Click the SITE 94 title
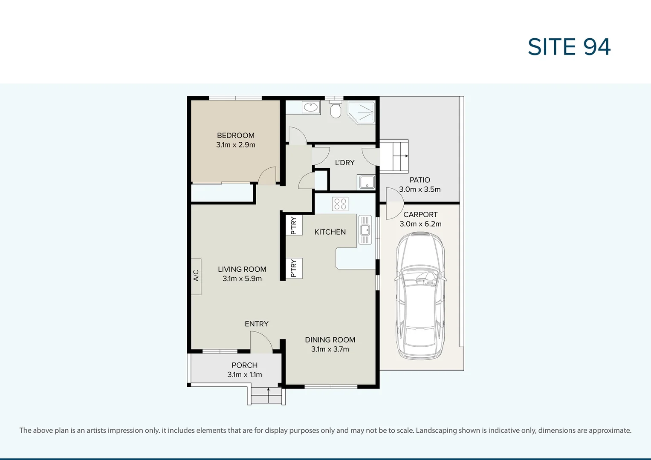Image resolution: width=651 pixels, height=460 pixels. pyautogui.click(x=569, y=47)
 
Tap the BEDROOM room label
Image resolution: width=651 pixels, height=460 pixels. pyautogui.click(x=235, y=135)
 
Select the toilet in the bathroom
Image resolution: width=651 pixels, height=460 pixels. pyautogui.click(x=336, y=109)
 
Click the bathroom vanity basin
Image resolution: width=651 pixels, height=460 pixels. pyautogui.click(x=311, y=107)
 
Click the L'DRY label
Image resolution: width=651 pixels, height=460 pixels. pyautogui.click(x=344, y=163)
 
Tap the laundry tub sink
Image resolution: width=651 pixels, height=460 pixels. pyautogui.click(x=366, y=182)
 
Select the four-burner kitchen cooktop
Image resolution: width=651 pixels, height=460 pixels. pyautogui.click(x=340, y=204)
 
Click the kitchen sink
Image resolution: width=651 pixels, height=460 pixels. pyautogui.click(x=365, y=230)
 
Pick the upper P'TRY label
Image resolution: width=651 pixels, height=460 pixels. pyautogui.click(x=294, y=225)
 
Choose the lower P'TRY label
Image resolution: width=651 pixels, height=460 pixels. pyautogui.click(x=294, y=268)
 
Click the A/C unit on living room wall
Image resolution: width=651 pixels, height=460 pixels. pyautogui.click(x=196, y=276)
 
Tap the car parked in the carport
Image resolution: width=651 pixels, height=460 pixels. pyautogui.click(x=420, y=296)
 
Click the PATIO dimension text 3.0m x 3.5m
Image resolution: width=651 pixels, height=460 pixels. pyautogui.click(x=420, y=190)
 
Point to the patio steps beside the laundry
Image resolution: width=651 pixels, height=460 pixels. pyautogui.click(x=394, y=156)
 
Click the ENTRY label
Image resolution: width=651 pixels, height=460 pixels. pyautogui.click(x=256, y=324)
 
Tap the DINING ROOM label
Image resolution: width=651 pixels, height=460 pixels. pyautogui.click(x=330, y=340)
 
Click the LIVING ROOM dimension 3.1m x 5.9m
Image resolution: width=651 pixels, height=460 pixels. pyautogui.click(x=242, y=279)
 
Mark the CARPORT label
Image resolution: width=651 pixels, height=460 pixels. pyautogui.click(x=420, y=215)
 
